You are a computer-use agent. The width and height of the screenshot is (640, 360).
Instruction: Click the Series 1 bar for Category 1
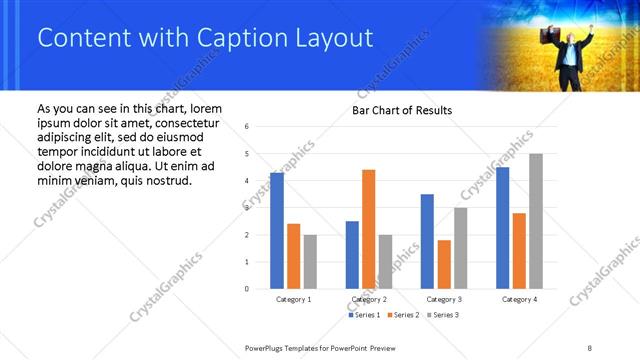pos(277,231)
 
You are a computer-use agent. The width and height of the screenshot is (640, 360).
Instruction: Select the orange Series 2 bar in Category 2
pos(368,229)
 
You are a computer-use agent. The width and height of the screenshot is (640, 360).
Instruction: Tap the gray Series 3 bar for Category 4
pos(536,221)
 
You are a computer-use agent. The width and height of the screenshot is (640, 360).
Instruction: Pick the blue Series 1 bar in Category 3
pos(427,241)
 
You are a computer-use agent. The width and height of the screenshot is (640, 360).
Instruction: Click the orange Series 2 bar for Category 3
pos(444,264)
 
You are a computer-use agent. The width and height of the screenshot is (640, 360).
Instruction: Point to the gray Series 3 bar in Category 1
pos(310,262)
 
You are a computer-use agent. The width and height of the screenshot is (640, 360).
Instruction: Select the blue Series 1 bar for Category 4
pos(502,228)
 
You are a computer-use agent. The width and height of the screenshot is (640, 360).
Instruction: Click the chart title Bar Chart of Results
pos(402,110)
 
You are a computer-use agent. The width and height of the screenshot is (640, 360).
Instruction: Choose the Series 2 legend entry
pos(401,315)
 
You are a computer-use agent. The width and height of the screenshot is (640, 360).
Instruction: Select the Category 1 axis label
pos(293,299)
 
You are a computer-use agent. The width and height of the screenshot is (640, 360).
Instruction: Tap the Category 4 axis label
pos(519,299)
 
